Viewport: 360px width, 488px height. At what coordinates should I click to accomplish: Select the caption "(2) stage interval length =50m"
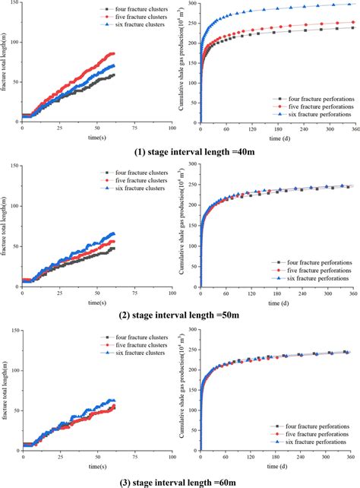182,311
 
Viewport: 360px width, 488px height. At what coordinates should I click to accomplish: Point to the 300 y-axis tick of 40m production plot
194,4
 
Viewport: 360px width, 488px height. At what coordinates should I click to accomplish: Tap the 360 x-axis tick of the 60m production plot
349,458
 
